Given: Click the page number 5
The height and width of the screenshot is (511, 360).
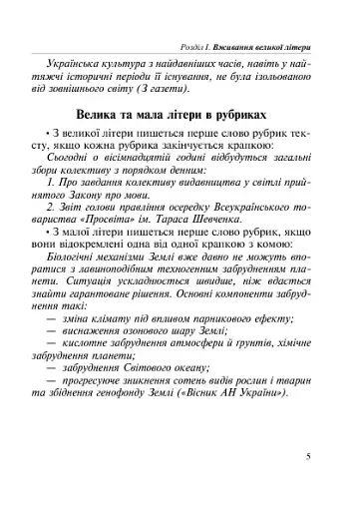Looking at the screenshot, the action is pos(310,485).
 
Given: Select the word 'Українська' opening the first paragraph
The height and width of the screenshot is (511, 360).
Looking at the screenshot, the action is pos(96,48).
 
